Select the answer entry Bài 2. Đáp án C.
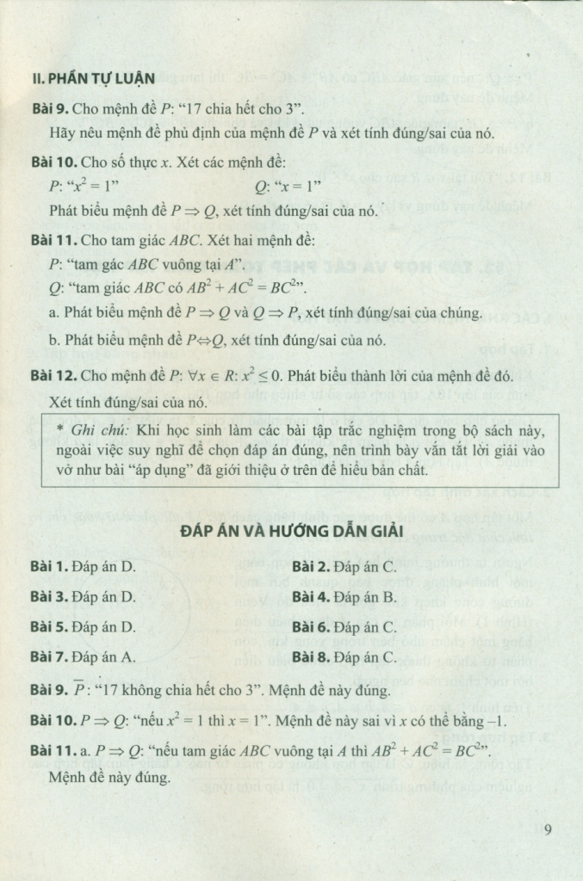[x=344, y=567]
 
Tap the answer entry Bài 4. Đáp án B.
[x=344, y=596]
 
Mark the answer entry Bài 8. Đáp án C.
[x=344, y=657]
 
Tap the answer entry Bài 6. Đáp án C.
[x=344, y=627]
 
